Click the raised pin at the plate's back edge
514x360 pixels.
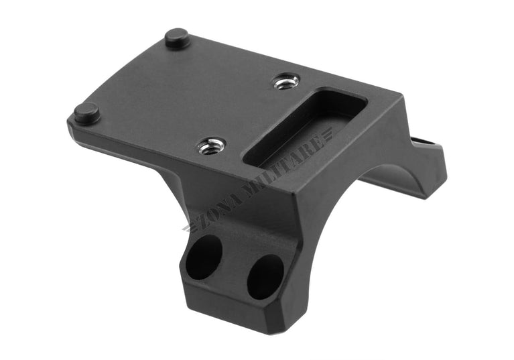[177, 38]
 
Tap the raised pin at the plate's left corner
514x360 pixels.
[87, 112]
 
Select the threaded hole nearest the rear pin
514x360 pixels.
[285, 82]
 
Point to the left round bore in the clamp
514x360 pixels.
[205, 257]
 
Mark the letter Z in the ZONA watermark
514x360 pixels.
[194, 221]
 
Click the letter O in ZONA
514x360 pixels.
[203, 214]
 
